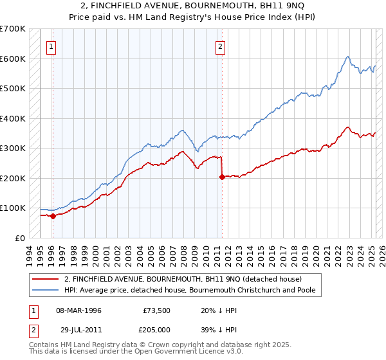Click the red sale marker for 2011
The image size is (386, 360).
[222, 177]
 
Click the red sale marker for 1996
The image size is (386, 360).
[53, 216]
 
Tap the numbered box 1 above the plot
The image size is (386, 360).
[51, 46]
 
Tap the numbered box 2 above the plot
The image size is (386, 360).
[220, 46]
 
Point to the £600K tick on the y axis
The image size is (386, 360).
[12, 59]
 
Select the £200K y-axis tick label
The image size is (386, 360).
[12, 178]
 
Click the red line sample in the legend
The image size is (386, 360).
[45, 279]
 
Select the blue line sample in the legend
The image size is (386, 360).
[45, 290]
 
